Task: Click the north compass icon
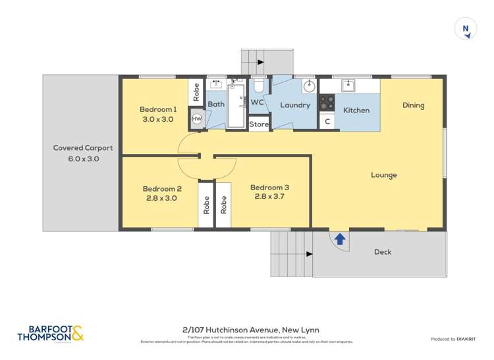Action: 466,28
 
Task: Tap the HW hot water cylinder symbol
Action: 196,118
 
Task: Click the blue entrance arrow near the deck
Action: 340,238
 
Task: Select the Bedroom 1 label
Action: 158,109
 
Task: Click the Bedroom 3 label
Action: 269,188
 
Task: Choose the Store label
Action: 259,124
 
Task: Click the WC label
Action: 257,103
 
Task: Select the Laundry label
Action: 294,105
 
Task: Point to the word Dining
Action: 413,105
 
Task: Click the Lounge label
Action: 383,175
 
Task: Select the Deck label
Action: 383,252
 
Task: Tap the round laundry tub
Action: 309,86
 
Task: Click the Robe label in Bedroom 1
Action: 196,91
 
